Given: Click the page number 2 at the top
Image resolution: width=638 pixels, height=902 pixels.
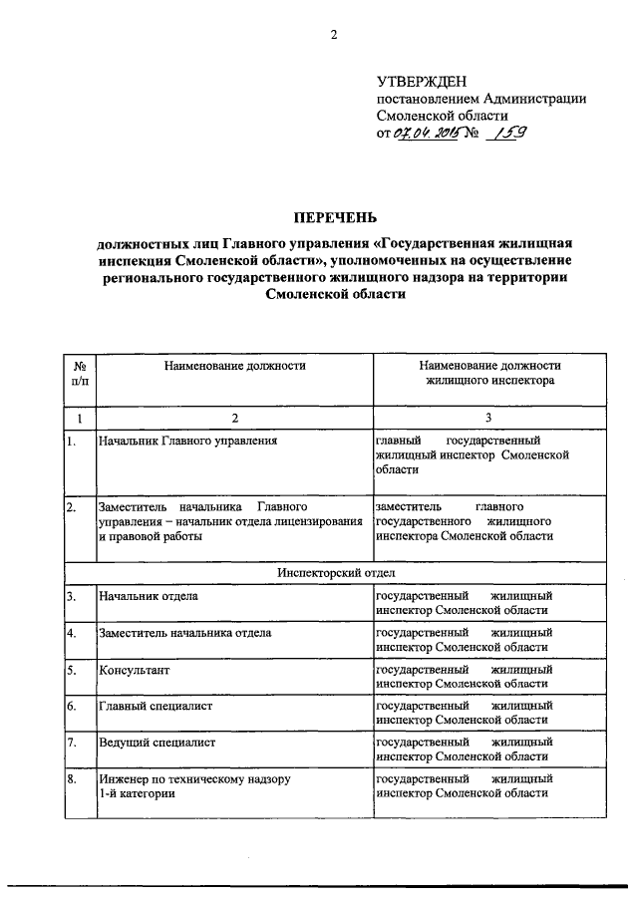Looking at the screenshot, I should [x=335, y=36].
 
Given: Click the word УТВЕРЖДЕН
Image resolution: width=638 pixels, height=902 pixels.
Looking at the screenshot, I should [x=420, y=81].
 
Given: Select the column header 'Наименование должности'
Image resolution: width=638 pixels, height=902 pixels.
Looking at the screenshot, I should [x=234, y=366].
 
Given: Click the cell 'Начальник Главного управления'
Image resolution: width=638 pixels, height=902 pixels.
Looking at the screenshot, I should [x=186, y=440].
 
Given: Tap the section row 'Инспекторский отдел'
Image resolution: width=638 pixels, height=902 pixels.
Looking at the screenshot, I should [x=334, y=573].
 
